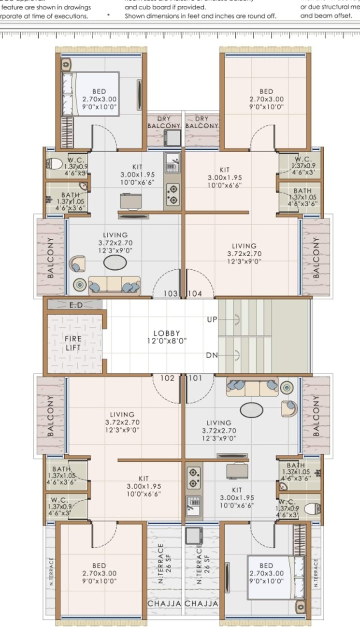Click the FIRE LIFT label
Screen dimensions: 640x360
pos(73,343)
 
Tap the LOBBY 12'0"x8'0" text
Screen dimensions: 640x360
pos(167,337)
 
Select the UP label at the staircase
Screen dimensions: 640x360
pos(212,320)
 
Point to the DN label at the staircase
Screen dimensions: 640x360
pos(212,355)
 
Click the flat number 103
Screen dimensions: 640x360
pos(171,293)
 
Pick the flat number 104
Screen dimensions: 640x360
pos(194,293)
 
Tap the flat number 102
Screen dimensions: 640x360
pos(167,378)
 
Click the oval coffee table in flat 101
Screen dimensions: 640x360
pos(250,409)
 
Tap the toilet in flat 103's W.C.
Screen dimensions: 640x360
pos(54,163)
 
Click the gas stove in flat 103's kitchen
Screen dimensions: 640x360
pos(172,195)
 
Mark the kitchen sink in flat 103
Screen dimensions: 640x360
pos(172,163)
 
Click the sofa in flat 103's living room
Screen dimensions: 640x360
pos(114,285)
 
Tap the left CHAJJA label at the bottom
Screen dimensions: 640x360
pos(164,604)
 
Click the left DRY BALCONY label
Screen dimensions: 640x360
pos(164,122)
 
